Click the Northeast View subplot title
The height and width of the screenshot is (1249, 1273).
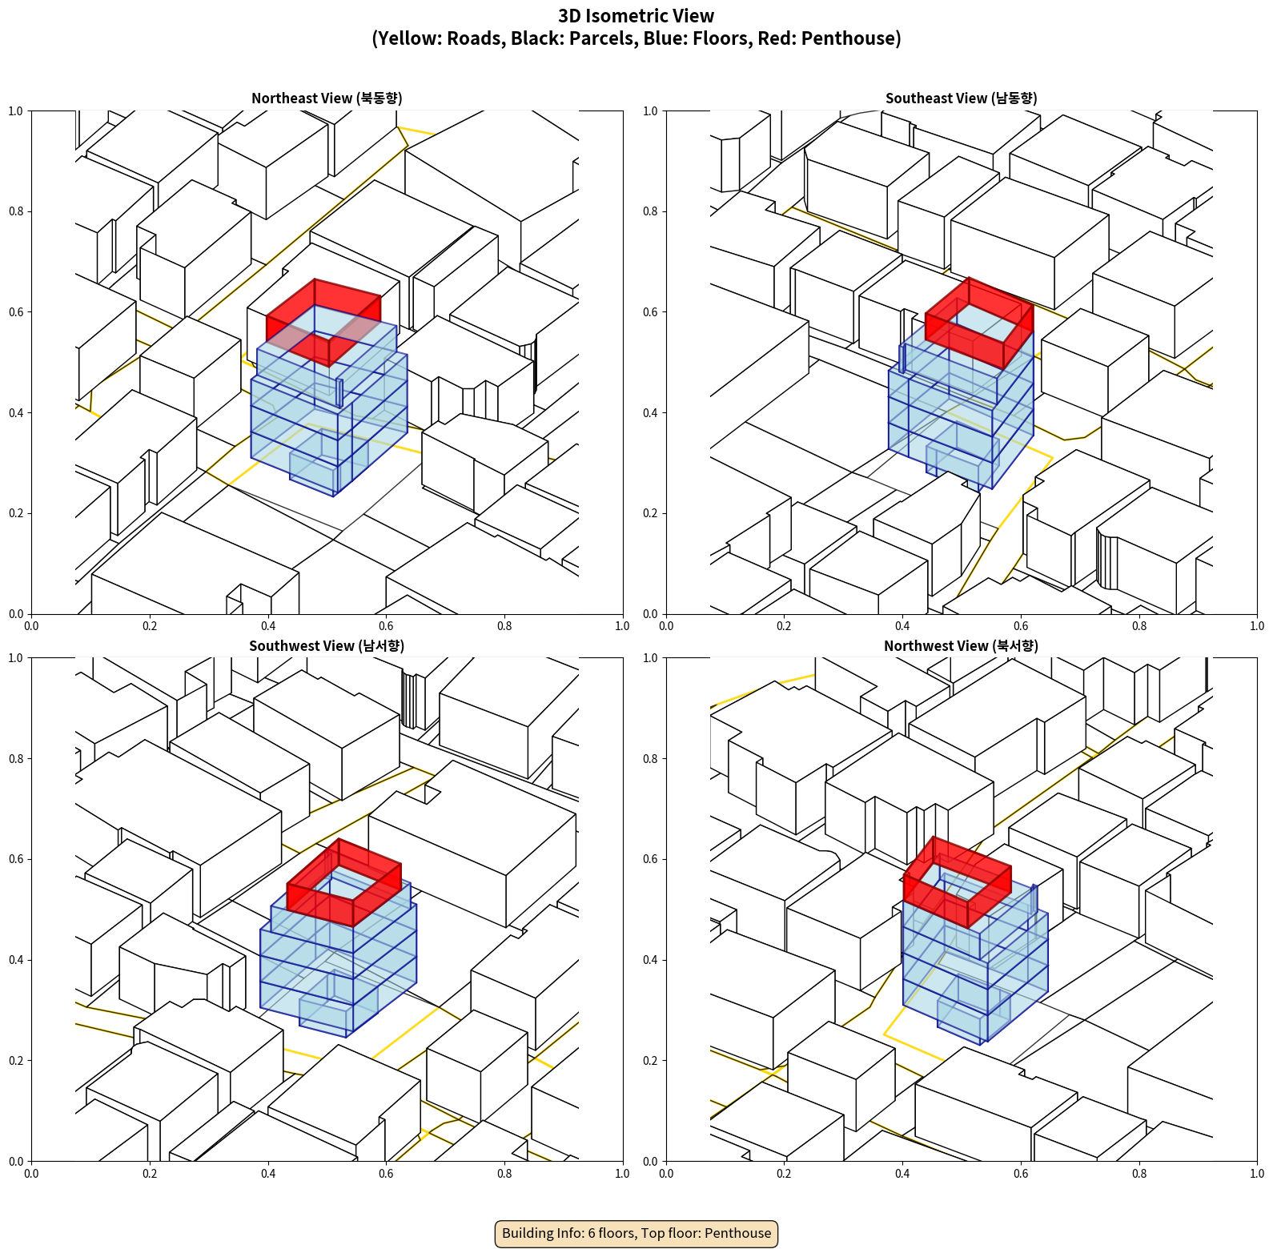(x=327, y=98)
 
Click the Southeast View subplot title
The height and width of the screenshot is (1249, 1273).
(x=961, y=98)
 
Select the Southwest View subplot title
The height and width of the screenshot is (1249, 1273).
(x=327, y=646)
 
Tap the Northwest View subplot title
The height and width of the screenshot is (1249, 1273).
(x=961, y=646)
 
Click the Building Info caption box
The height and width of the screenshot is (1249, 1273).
(x=636, y=1233)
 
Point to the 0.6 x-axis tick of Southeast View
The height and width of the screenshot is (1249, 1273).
(x=1021, y=626)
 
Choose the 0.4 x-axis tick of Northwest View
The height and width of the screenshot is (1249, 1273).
(x=902, y=1174)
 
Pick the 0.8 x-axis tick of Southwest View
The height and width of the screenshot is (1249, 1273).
(x=504, y=1174)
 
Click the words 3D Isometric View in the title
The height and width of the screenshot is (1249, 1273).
(x=636, y=16)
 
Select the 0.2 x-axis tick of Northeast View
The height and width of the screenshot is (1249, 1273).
(x=150, y=626)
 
